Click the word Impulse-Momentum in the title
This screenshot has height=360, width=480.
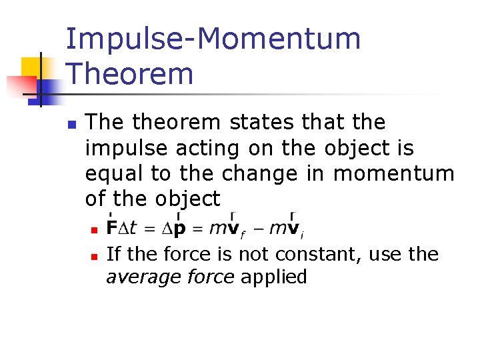213,39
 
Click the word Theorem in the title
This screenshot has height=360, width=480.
130,73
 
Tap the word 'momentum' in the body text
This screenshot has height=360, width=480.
393,174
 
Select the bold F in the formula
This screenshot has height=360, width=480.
111,228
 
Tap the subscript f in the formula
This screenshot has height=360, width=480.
243,234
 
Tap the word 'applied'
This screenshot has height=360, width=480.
273,277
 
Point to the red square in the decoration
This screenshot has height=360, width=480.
19,86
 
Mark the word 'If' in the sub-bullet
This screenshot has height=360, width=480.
113,254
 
